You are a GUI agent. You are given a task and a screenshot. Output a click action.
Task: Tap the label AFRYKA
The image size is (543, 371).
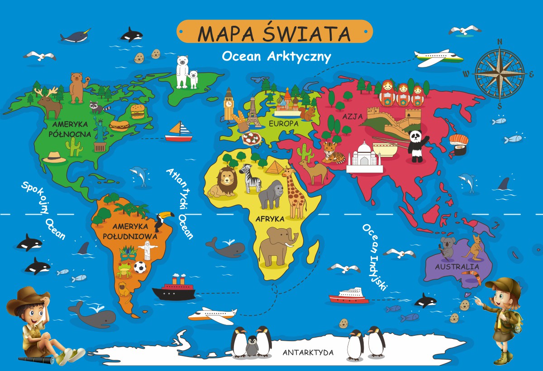[x=270, y=219]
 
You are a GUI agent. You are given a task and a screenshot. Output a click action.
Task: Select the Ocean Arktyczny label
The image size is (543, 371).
[x=276, y=57]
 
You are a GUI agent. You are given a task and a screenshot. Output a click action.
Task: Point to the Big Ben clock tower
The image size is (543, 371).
[x=229, y=104]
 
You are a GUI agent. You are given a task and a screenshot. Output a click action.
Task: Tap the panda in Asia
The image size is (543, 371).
[x=415, y=145]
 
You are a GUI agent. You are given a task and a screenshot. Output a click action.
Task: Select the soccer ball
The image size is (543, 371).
[x=140, y=268]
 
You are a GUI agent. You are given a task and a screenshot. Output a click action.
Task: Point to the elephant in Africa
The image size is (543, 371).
[x=277, y=246]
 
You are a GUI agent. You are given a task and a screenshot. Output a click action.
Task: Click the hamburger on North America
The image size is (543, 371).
[x=137, y=111]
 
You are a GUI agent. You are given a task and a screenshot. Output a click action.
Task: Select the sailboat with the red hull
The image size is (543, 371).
[x=179, y=132]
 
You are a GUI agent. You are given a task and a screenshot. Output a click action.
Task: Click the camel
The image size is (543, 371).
[x=314, y=170]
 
